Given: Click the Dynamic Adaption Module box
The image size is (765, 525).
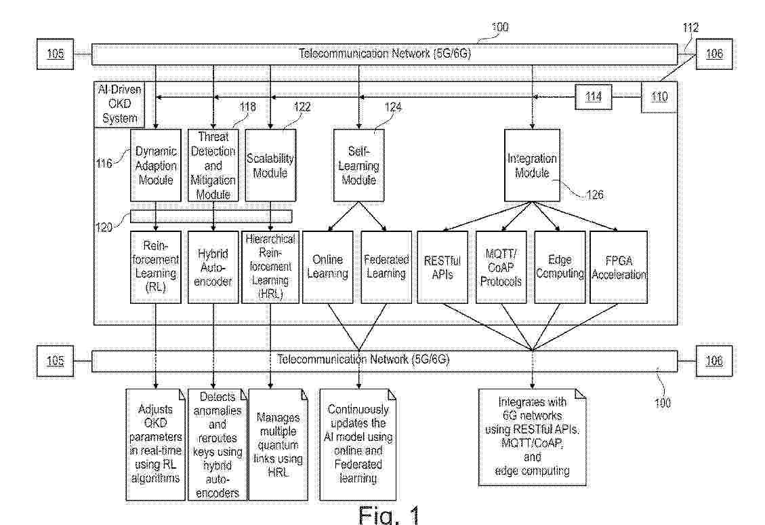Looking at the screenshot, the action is pos(156,165).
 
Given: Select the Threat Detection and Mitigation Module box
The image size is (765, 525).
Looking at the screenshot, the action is pos(213,165).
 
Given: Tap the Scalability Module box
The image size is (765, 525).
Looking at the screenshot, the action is pos(270,165).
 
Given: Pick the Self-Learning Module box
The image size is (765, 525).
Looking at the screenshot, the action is pos(358,165).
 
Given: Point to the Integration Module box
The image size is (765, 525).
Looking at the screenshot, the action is pos(532,165).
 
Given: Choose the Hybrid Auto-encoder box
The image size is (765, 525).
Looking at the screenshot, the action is pos(213,267).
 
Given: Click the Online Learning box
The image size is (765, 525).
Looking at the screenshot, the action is pos(327,267).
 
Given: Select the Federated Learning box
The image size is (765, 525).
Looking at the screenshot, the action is pos(386,267).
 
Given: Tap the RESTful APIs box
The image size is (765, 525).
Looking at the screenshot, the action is pos(442,267).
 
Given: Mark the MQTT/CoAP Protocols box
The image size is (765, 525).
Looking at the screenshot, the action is pos(501,267).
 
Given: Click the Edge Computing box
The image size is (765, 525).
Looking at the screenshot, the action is pos(560,267).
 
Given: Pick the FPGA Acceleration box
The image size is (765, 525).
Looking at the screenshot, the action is pos(619,267).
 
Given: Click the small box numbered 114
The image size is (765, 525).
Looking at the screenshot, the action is pos(594,97).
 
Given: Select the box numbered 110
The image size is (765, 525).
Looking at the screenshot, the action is pos(659,97).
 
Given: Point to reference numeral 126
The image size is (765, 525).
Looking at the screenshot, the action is pos(594,195).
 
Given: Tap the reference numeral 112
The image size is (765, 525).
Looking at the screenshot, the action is pos(690,28).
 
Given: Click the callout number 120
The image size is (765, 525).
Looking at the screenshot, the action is pos(104,227).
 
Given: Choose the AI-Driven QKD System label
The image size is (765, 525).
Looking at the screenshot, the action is pos(119,104).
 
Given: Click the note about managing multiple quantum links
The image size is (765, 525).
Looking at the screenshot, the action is pos(278,444).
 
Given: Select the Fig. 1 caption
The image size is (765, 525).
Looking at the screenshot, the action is pos(389,514).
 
